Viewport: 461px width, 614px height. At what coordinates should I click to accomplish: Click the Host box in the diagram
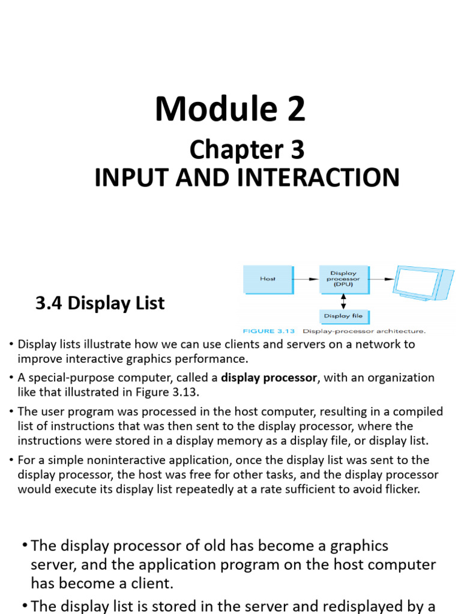point(267,279)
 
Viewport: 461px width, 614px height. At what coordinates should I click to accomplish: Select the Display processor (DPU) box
point(343,279)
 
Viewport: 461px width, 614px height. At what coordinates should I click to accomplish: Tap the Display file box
point(343,316)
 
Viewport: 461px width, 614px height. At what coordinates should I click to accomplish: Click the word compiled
point(421,411)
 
